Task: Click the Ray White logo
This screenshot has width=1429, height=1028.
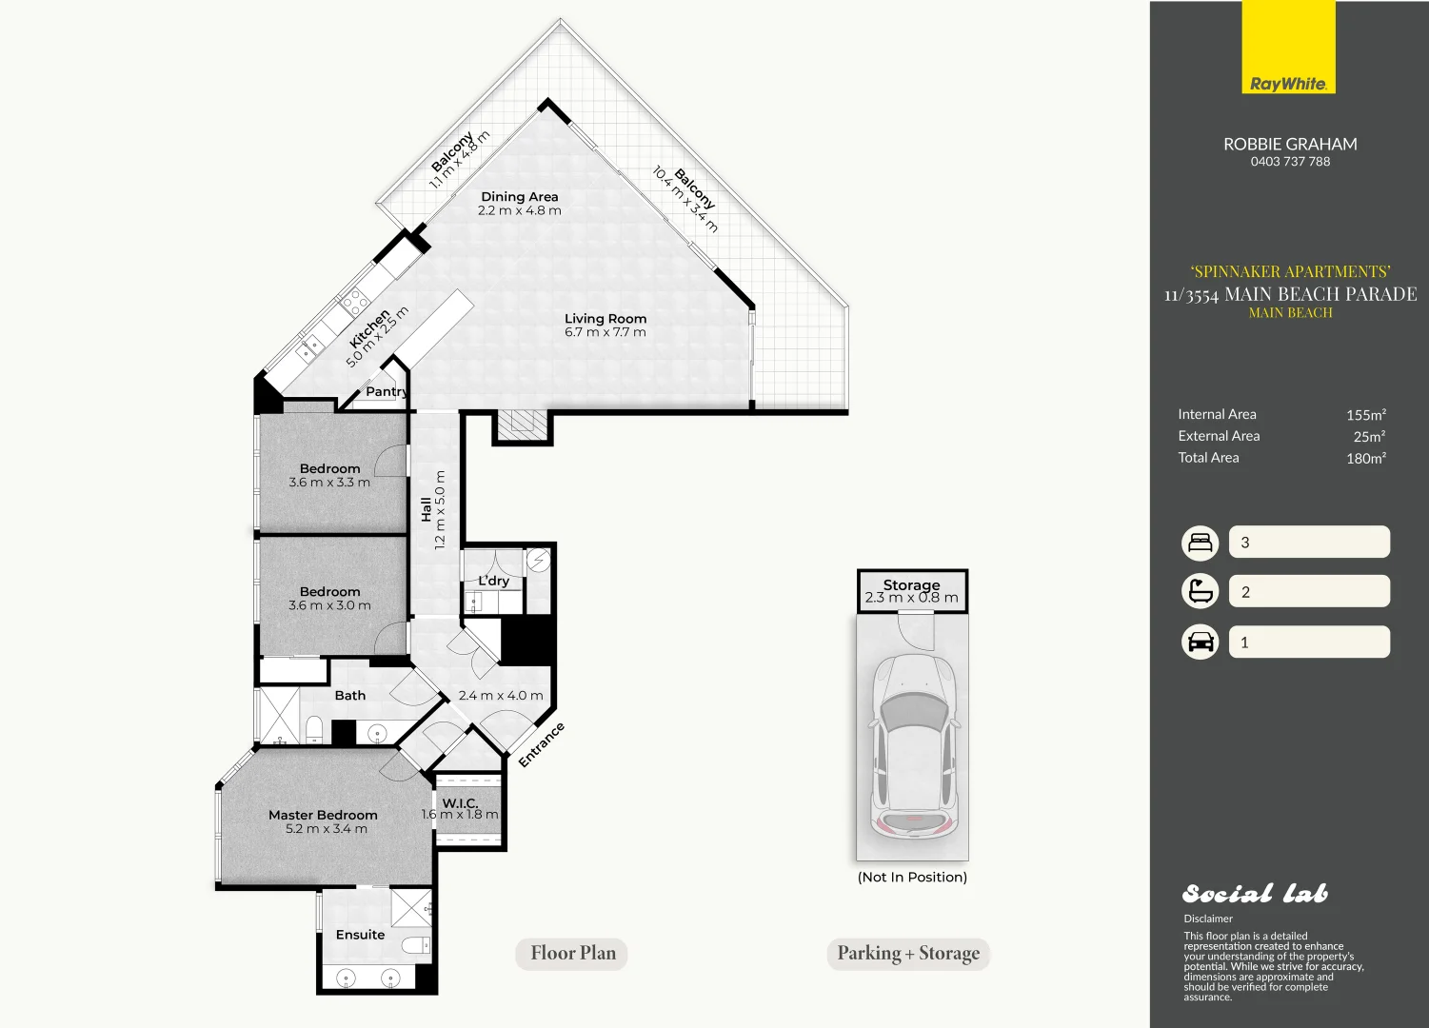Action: (x=1288, y=48)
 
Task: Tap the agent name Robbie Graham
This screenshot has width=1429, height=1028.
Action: (x=1290, y=144)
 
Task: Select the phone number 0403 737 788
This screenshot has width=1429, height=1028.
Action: (x=1290, y=162)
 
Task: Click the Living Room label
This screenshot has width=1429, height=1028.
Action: (x=605, y=318)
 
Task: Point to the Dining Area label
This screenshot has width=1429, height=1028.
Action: (x=519, y=196)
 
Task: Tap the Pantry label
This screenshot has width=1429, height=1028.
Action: (x=387, y=391)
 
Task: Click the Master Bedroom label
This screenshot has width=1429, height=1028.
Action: (x=323, y=815)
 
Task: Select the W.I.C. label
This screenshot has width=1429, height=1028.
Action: (x=460, y=802)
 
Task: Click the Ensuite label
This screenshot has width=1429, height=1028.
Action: (x=361, y=935)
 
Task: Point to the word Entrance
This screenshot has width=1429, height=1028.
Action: (x=541, y=744)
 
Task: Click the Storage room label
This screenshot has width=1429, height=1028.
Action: (x=912, y=584)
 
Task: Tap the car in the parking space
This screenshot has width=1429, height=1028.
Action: (x=914, y=750)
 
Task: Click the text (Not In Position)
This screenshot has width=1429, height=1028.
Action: (x=912, y=877)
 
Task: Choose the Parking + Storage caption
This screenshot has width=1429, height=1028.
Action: (x=908, y=954)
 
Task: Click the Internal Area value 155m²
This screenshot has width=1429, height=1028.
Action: (x=1366, y=414)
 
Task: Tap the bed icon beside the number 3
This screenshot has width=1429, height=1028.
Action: (x=1200, y=543)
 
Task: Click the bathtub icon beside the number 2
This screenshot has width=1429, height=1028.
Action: (x=1200, y=591)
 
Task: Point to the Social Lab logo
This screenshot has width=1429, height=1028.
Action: (x=1256, y=894)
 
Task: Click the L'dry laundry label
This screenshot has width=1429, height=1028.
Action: (x=494, y=581)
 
